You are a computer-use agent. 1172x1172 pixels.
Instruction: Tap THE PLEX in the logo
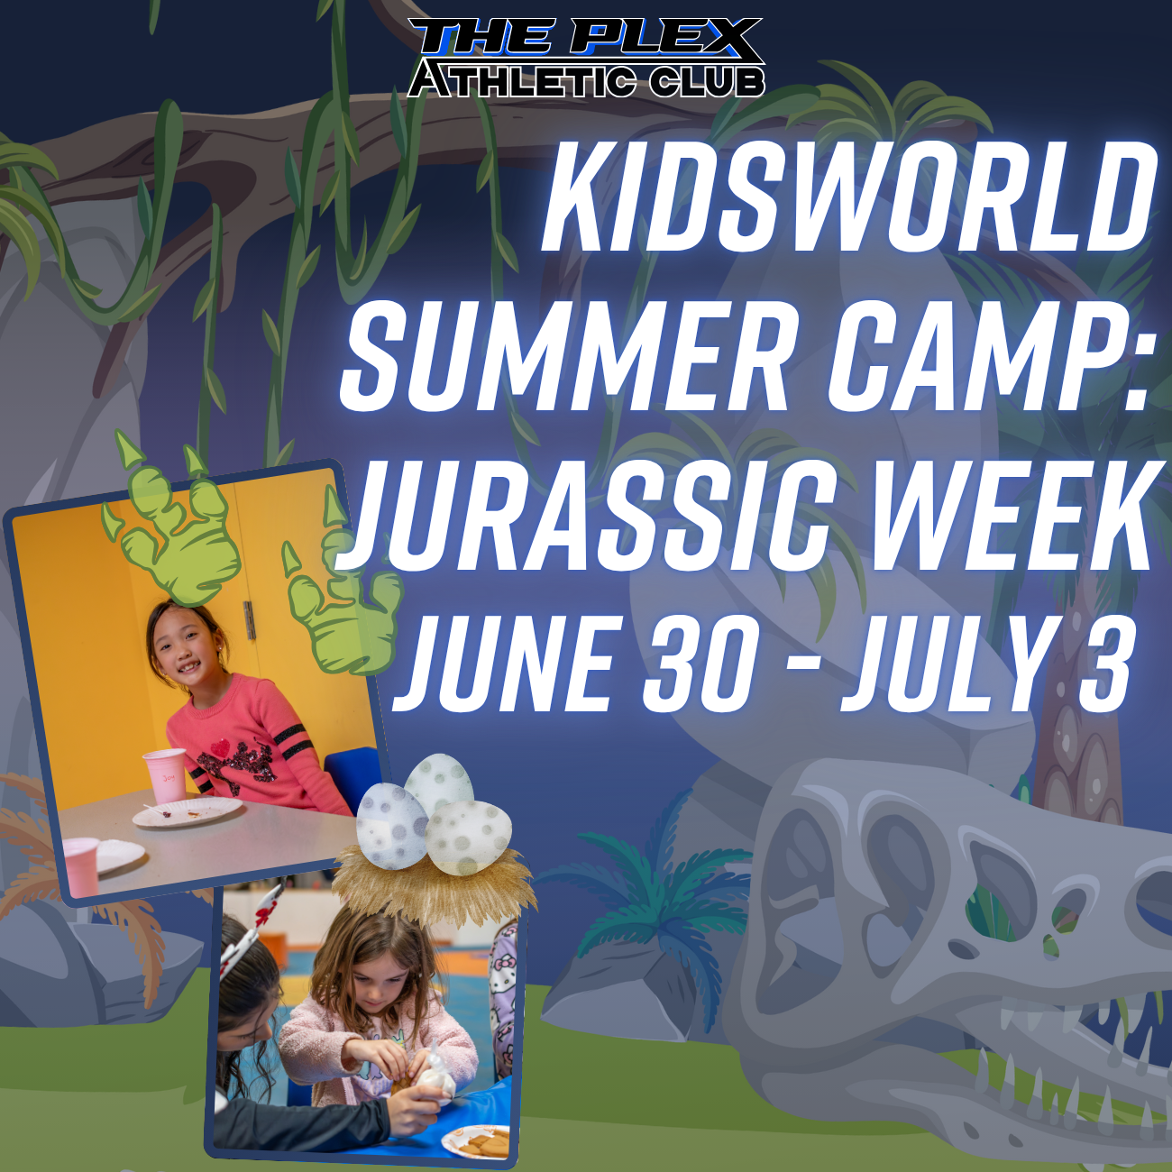584,40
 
